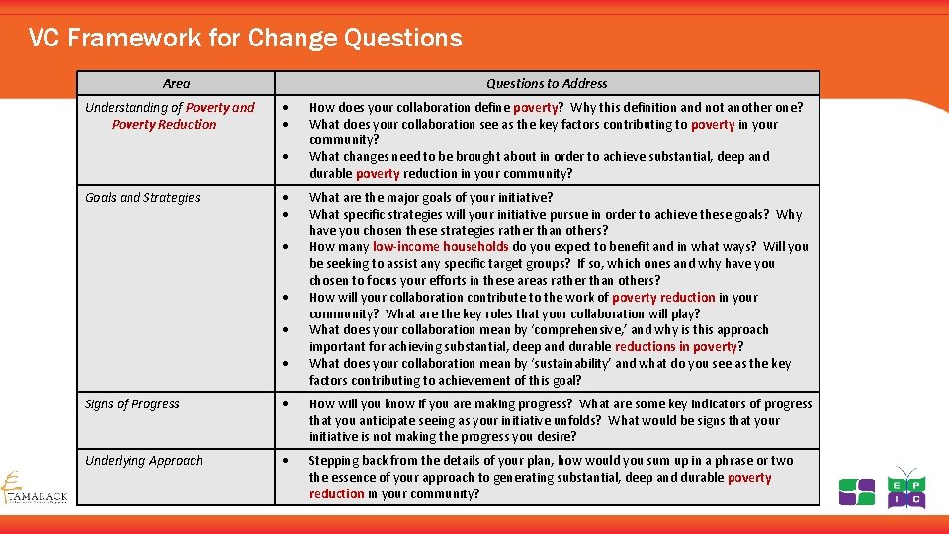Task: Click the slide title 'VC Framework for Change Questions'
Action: [x=245, y=39]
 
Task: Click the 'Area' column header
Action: [x=176, y=84]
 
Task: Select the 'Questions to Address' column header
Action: [x=547, y=84]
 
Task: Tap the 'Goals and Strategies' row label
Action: [x=142, y=198]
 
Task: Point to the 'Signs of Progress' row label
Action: [x=132, y=404]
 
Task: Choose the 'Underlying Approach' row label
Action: [x=143, y=461]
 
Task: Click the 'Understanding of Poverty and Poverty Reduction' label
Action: [x=169, y=116]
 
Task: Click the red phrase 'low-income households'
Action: [x=440, y=247]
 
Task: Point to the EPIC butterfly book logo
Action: [x=906, y=488]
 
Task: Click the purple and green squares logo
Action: [x=857, y=491]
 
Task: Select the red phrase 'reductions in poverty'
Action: [x=676, y=347]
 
